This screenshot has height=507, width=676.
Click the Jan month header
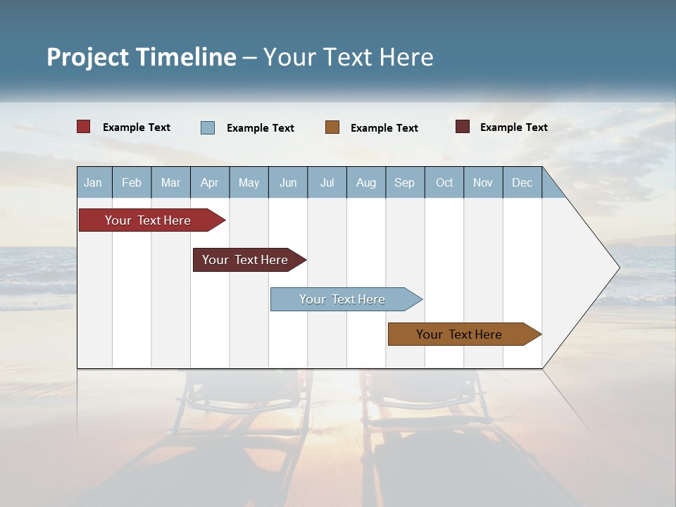coord(93,183)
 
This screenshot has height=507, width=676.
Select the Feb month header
coord(132,183)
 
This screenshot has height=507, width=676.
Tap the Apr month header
coord(209,183)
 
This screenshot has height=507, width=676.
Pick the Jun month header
coord(288,183)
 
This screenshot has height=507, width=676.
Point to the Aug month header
coord(366,183)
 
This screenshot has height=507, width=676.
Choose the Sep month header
coord(404,183)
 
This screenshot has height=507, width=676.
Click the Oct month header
coord(444,183)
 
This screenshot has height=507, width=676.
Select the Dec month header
coord(522,183)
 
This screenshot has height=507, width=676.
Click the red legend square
coord(84,127)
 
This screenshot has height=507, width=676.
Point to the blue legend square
coord(208,127)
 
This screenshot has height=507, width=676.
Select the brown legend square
coord(332,127)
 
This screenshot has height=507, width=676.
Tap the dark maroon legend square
coord(463,127)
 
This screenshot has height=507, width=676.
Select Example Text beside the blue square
coord(261,128)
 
